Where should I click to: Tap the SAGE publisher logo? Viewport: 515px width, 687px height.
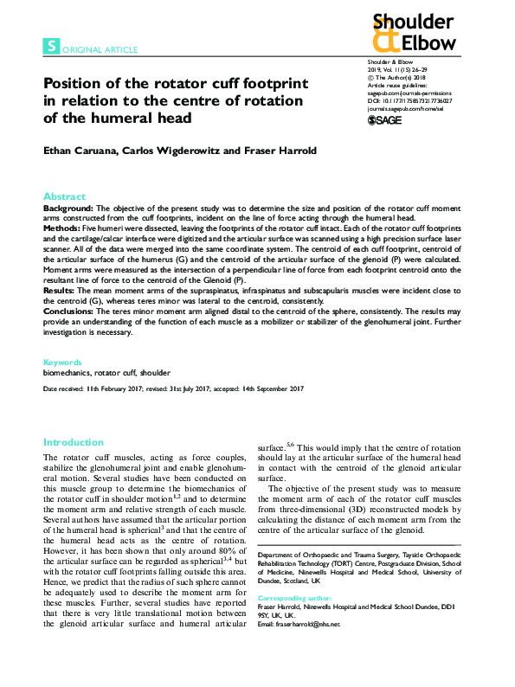coord(385,121)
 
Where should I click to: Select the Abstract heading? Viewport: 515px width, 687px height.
coord(64,196)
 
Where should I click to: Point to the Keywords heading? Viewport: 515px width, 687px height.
coord(62,362)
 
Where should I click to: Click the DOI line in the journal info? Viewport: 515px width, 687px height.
coord(410,101)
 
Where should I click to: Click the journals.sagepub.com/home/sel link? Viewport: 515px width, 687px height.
coord(406,110)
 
